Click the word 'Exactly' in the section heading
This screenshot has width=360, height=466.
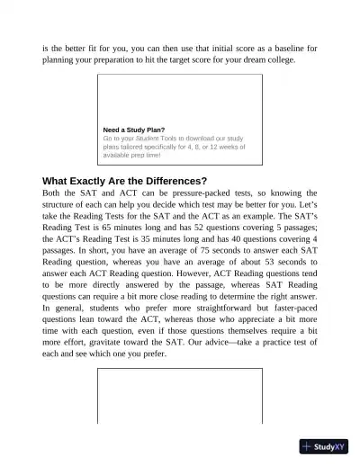pyautogui.click(x=96, y=180)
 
